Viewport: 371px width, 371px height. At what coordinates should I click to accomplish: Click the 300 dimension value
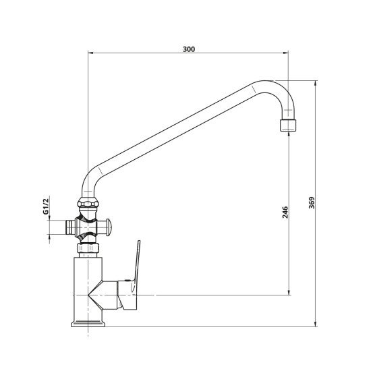189,49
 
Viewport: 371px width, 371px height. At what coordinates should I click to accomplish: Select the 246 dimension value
285,212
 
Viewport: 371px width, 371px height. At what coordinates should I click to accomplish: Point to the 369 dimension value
312,203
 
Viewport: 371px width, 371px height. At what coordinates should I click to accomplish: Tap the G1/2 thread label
45,205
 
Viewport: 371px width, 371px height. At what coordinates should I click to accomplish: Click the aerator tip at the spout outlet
288,125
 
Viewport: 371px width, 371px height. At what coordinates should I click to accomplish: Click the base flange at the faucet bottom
88,324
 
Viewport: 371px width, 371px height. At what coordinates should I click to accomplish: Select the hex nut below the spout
88,203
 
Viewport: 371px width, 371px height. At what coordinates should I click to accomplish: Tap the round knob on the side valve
109,227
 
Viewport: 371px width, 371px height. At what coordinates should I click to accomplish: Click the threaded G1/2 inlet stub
70,227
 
